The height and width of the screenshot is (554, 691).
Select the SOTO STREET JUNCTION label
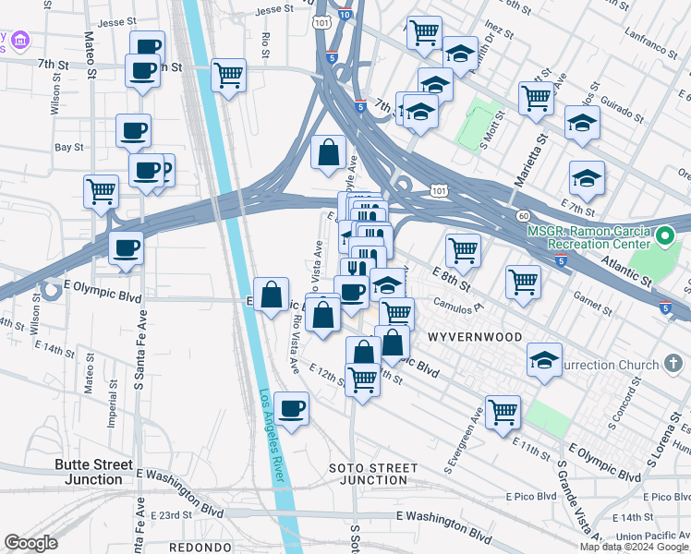coord(368,474)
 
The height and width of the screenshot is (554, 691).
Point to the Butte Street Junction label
coord(93,472)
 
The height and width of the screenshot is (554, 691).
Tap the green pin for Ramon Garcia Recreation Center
coord(662,238)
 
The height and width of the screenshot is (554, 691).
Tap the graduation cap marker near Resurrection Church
coord(545,360)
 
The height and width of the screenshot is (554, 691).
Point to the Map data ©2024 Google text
coord(635,547)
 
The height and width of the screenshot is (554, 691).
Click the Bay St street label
coord(68,147)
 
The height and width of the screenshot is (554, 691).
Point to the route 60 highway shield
coord(523,215)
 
